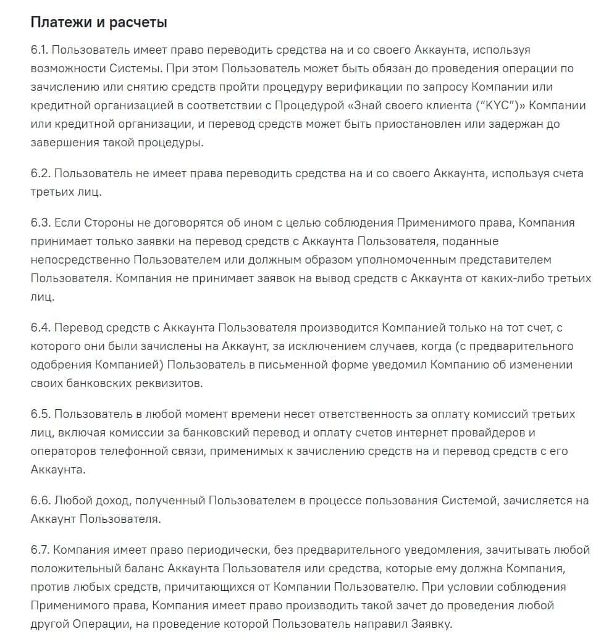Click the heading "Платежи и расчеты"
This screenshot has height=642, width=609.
pos(99,23)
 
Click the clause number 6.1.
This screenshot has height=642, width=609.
pos(40,50)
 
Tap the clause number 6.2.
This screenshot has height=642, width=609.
pos(41,173)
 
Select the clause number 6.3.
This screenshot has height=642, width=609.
pos(41,223)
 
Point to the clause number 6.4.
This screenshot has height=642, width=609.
pos(41,327)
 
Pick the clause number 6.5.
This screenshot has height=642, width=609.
pos(41,414)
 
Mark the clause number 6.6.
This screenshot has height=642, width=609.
pos(41,500)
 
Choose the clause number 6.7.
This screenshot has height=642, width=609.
pos(41,549)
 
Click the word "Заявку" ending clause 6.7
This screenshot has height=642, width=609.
pos(430,623)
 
